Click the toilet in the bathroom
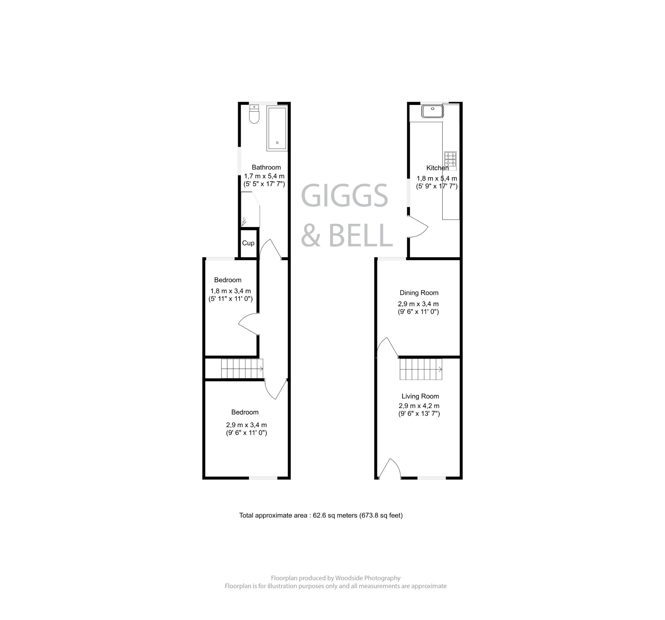click(x=254, y=114)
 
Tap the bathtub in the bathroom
click(x=277, y=128)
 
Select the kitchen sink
click(x=432, y=111)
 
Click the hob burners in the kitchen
click(x=450, y=159)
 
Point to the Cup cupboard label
click(x=248, y=243)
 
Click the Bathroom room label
click(x=266, y=167)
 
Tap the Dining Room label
click(x=419, y=293)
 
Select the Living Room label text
click(x=420, y=396)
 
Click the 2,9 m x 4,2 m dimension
click(x=419, y=406)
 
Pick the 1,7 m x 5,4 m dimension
click(x=264, y=176)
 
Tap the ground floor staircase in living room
click(x=420, y=369)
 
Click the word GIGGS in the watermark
click(x=345, y=196)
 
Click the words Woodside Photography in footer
click(x=368, y=578)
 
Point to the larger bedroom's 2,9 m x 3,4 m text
click(x=246, y=425)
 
